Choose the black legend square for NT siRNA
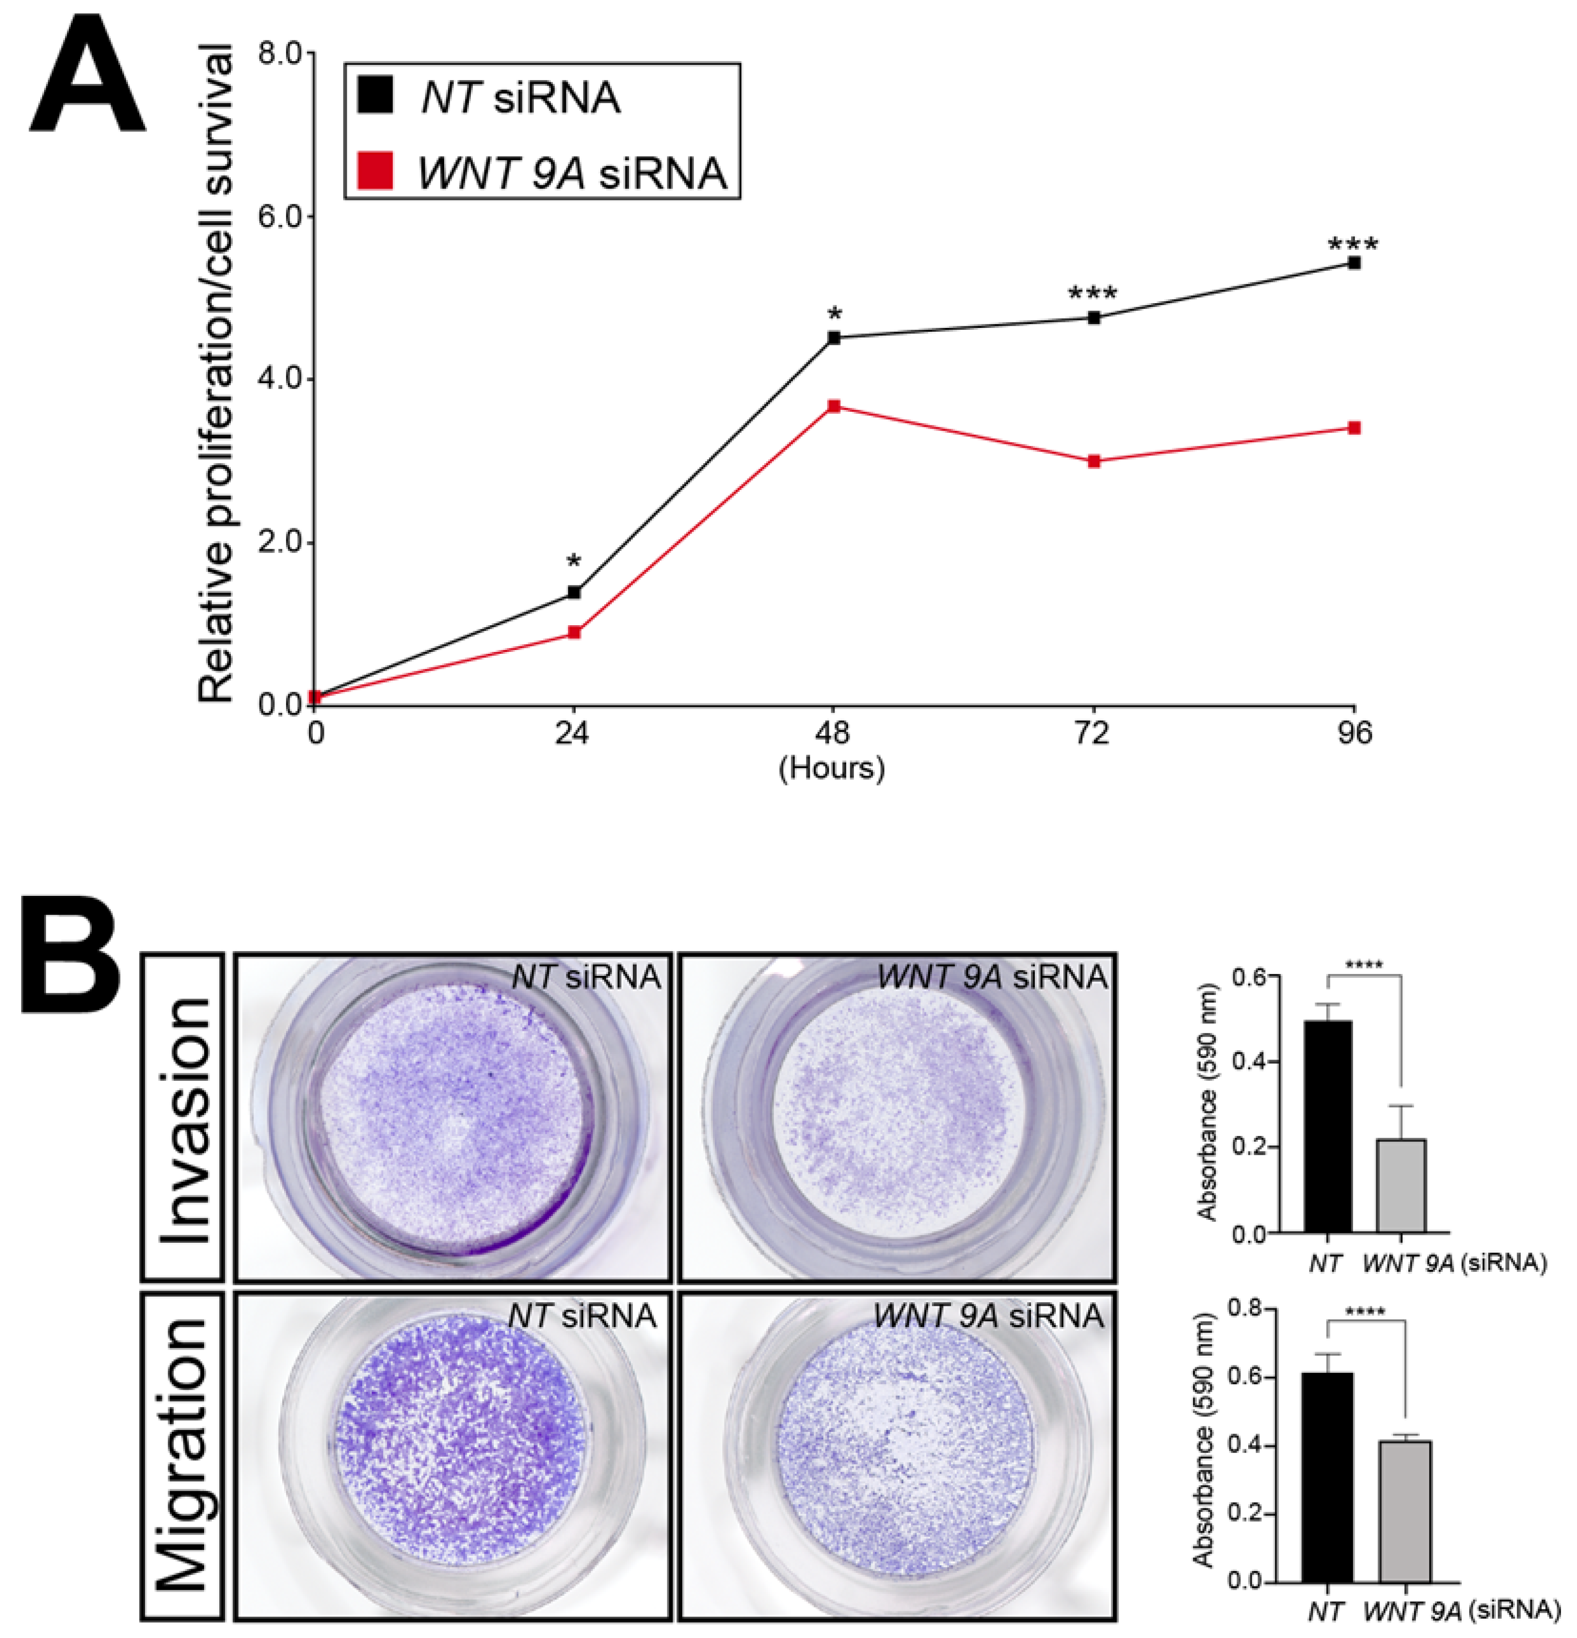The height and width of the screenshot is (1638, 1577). point(375,95)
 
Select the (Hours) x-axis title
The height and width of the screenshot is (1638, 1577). point(832,767)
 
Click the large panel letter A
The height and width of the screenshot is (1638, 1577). point(88,83)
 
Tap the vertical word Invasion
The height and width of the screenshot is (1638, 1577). point(182,1120)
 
